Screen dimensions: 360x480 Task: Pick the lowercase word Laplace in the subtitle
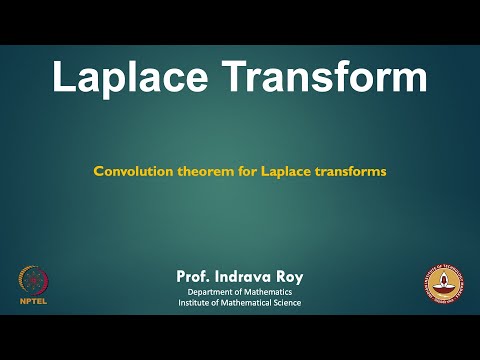pyautogui.click(x=285, y=171)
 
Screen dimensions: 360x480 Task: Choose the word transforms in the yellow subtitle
pyautogui.click(x=349, y=171)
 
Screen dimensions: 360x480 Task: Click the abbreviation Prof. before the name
pyautogui.click(x=192, y=275)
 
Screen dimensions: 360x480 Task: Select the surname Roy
pyautogui.click(x=289, y=275)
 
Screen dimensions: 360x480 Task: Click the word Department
pyautogui.click(x=215, y=291)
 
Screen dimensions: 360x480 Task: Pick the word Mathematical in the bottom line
pyautogui.click(x=250, y=303)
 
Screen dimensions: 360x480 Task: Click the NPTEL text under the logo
pyautogui.click(x=33, y=299)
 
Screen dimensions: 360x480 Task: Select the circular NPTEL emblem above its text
pyautogui.click(x=33, y=279)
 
